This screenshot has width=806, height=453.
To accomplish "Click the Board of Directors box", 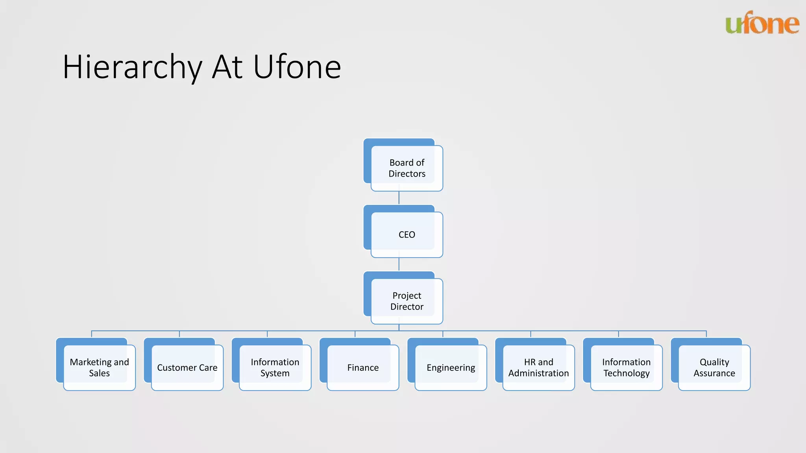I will pyautogui.click(x=407, y=168).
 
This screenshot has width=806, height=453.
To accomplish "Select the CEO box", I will pyautogui.click(x=407, y=235).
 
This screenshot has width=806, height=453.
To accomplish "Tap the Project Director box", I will pyautogui.click(x=407, y=301).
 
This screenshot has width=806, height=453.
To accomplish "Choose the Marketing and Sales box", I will pyautogui.click(x=100, y=368).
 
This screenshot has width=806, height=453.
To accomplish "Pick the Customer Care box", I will pyautogui.click(x=187, y=368).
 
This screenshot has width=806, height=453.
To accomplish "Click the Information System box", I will pyautogui.click(x=275, y=368).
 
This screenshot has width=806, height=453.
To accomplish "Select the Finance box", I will pyautogui.click(x=363, y=368).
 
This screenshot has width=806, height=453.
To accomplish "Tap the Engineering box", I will pyautogui.click(x=451, y=368).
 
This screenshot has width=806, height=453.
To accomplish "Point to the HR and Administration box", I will pyautogui.click(x=539, y=368).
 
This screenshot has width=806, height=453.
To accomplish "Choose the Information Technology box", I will pyautogui.click(x=627, y=368).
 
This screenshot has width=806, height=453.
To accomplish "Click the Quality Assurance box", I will pyautogui.click(x=714, y=368).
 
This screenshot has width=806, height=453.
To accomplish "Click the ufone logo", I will pyautogui.click(x=762, y=23).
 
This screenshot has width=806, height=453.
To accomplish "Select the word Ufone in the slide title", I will pyautogui.click(x=297, y=67).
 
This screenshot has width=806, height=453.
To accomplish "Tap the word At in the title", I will pyautogui.click(x=227, y=67).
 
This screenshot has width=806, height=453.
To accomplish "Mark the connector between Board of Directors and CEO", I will pyautogui.click(x=399, y=198).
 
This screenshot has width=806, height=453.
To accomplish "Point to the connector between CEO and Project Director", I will pyautogui.click(x=399, y=264).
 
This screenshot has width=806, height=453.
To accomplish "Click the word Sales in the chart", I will pyautogui.click(x=99, y=373).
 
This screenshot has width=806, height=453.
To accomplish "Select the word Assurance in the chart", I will pyautogui.click(x=714, y=373).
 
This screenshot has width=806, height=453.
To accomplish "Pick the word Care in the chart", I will pyautogui.click(x=208, y=368).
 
